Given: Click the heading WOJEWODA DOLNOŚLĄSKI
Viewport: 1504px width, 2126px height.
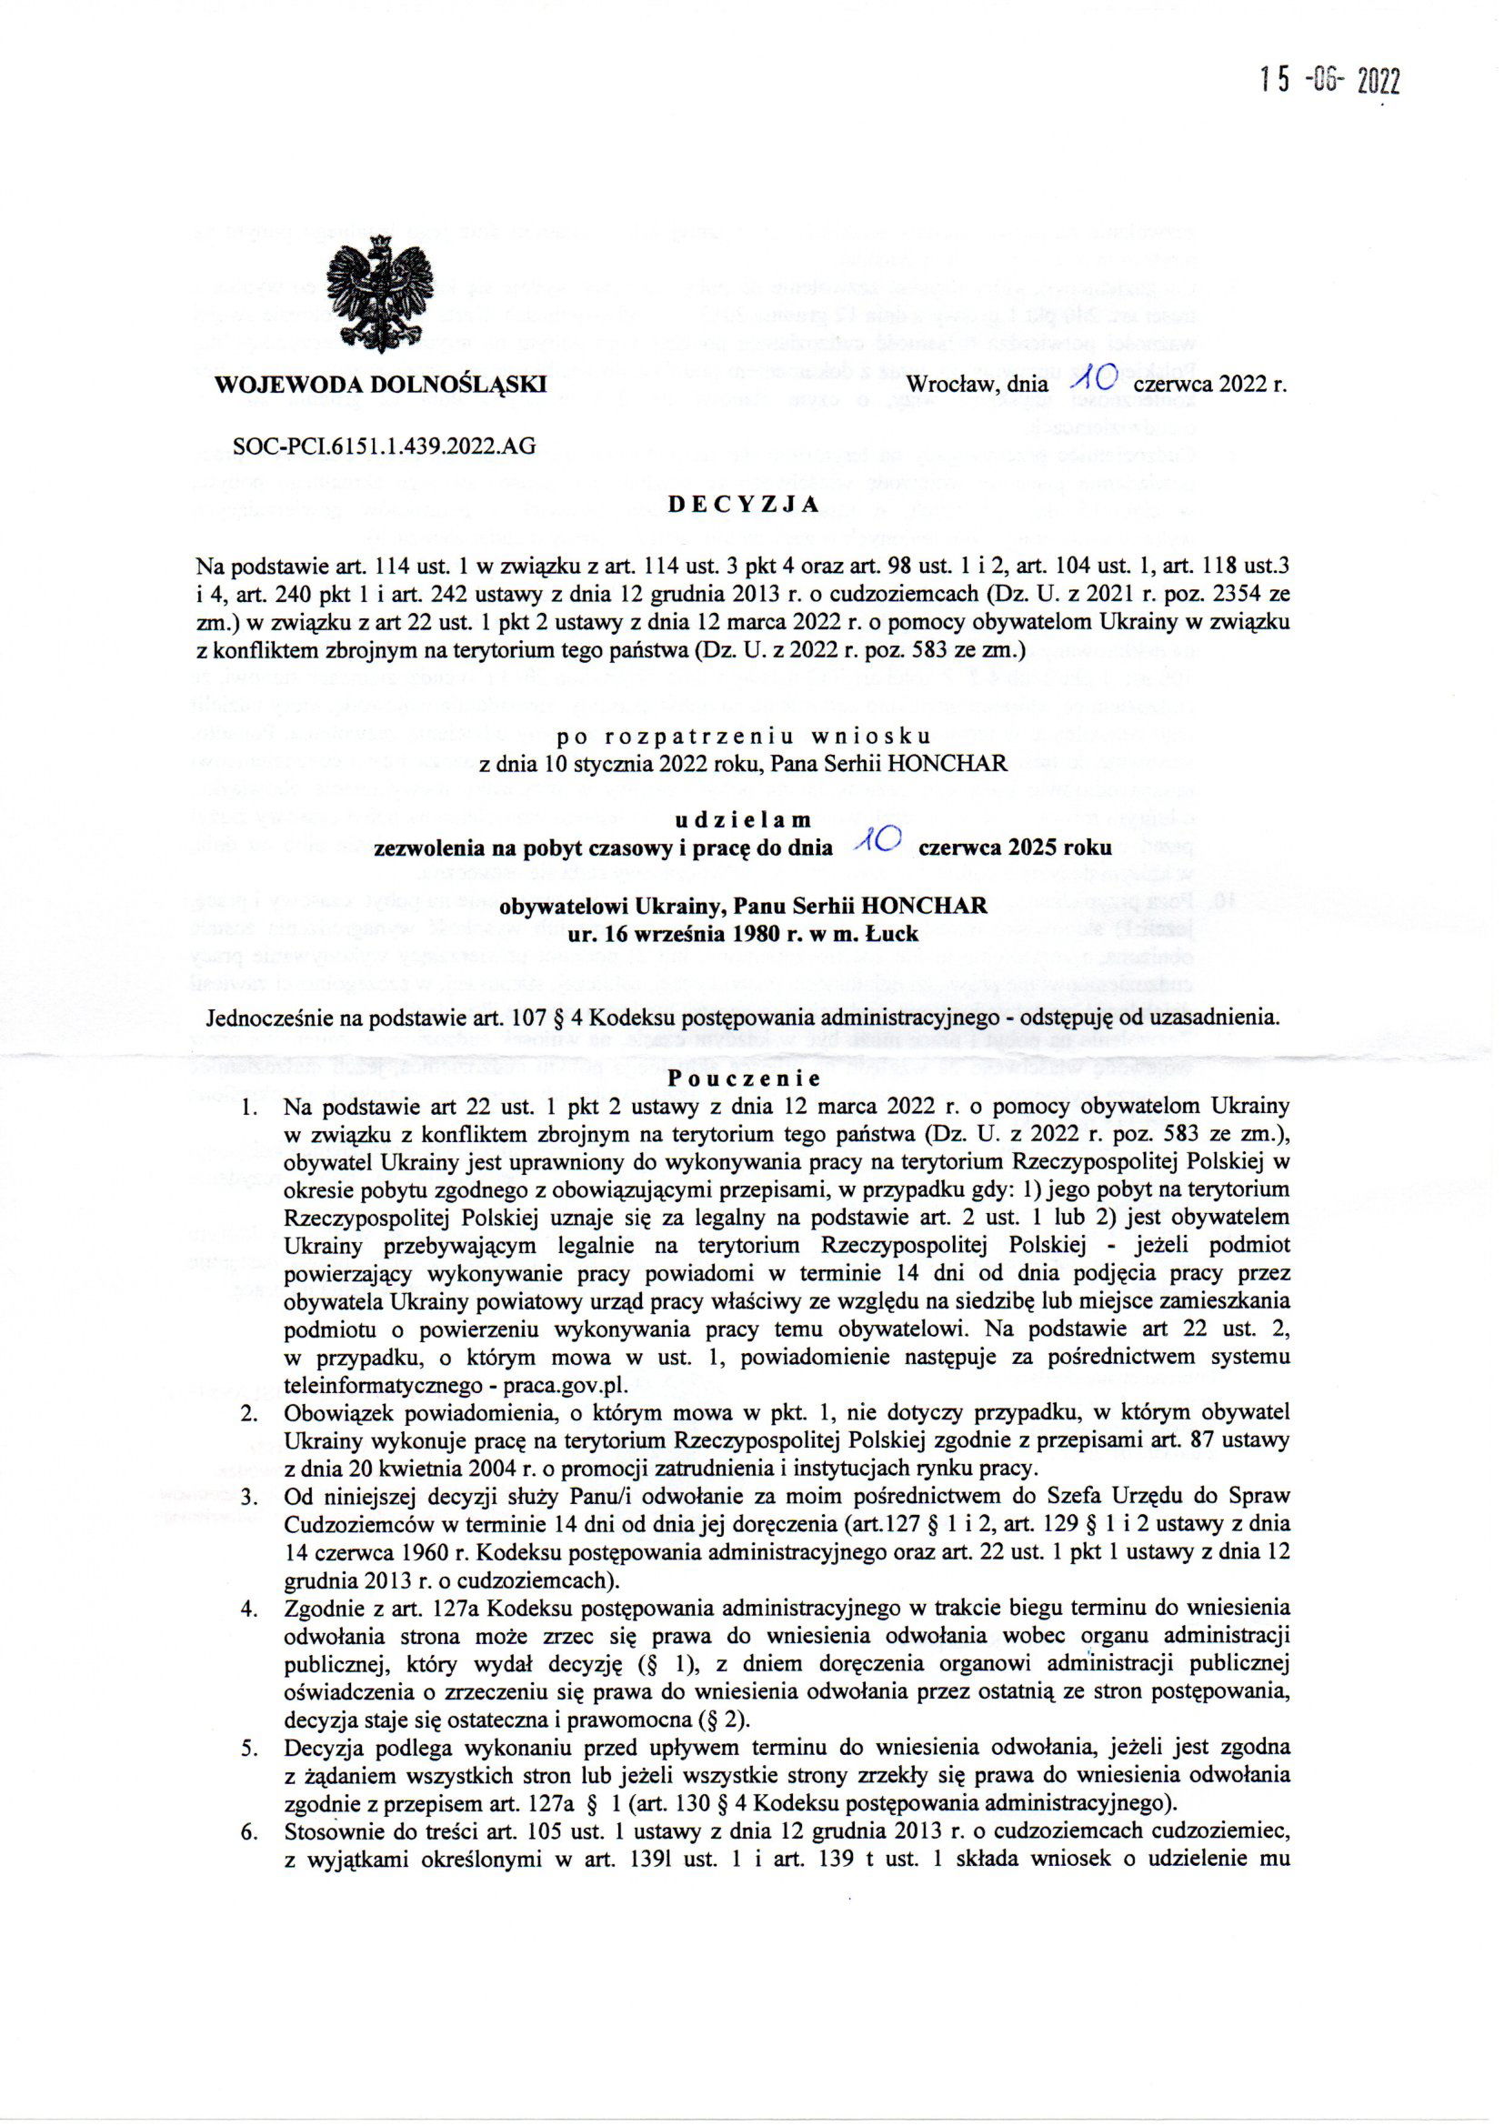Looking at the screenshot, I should coord(380,384).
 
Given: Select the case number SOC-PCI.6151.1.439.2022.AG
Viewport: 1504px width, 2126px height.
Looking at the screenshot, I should coord(385,446).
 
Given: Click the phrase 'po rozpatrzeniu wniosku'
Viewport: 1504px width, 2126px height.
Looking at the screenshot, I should coord(743,738).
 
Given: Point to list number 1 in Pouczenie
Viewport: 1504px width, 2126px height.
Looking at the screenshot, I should coord(249,1106).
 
